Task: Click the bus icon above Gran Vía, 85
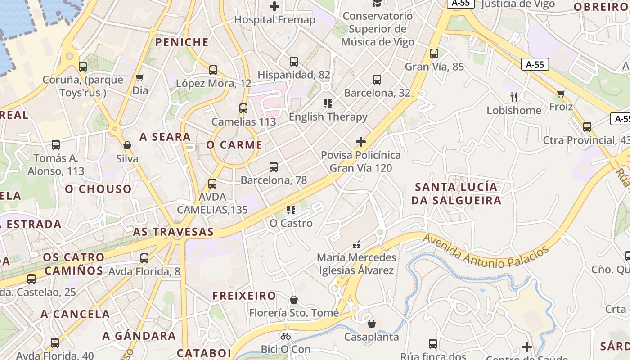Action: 434,54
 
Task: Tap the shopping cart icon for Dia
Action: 140,78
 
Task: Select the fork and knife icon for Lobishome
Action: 514,97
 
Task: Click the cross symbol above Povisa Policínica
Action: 360,142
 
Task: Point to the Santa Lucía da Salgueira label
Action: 456,193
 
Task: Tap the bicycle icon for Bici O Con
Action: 285,336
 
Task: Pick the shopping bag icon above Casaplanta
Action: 372,324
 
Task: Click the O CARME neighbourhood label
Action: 234,145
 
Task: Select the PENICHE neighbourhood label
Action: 182,42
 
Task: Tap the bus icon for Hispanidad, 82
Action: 294,62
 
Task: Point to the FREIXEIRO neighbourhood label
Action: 244,296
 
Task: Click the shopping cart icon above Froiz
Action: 561,94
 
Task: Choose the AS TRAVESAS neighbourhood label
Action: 173,232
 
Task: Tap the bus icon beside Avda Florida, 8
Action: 144,258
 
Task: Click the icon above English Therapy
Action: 328,103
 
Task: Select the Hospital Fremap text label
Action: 274,20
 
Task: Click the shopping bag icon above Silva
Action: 127,145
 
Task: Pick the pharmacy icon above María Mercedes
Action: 356,245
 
